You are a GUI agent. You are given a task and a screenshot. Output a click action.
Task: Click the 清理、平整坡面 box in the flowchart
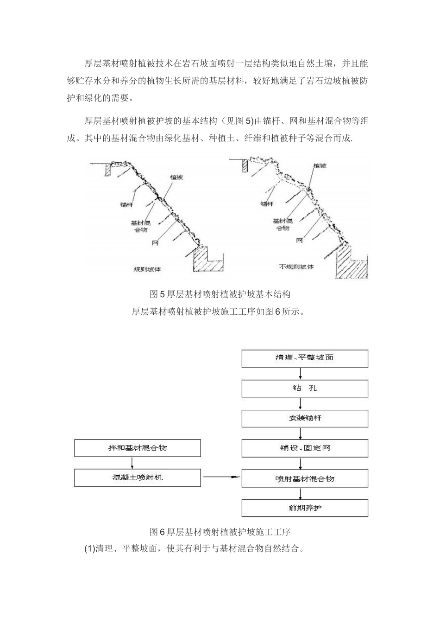[x=305, y=358]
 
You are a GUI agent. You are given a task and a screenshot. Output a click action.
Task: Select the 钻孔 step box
[x=305, y=388]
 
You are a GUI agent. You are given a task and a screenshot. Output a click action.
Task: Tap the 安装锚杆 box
[x=305, y=418]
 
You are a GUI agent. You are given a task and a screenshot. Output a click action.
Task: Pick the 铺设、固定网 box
[x=305, y=448]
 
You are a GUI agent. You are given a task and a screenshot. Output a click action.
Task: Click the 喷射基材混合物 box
[x=305, y=478]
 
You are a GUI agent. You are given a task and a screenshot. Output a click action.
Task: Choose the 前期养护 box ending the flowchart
[x=305, y=508]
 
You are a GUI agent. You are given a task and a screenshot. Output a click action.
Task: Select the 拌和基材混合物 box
[x=138, y=448]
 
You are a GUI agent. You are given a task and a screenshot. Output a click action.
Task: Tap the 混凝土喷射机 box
[x=138, y=478]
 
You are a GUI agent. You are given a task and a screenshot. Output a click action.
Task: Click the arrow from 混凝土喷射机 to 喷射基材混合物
[x=221, y=477]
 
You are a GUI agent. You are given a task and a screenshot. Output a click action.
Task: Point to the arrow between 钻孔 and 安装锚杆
[x=301, y=403]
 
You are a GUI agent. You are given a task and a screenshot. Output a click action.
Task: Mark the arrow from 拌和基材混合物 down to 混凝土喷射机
[x=133, y=463]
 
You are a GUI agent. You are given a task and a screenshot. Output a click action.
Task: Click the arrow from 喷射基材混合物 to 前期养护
[x=301, y=493]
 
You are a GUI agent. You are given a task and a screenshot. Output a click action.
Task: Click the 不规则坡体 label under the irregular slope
[x=296, y=267]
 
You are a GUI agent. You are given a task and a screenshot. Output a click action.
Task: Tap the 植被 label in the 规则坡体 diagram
[x=176, y=177]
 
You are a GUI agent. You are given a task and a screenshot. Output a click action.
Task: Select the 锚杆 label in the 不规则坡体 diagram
[x=267, y=203]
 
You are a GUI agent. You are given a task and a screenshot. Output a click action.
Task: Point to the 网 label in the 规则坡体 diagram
[x=156, y=242]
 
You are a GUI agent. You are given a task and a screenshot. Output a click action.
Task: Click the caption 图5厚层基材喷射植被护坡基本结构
[x=220, y=294]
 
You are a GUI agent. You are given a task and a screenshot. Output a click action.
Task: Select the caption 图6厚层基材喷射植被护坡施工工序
[x=220, y=532]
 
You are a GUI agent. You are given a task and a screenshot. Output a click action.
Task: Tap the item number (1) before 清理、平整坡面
[x=89, y=549]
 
